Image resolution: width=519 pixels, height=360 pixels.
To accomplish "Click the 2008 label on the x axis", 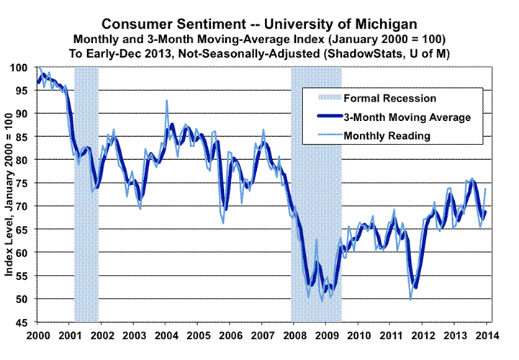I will [x=294, y=336].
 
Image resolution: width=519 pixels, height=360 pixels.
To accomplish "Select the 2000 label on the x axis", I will [x=37, y=336].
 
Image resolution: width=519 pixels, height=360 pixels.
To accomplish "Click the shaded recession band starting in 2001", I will [x=86, y=194].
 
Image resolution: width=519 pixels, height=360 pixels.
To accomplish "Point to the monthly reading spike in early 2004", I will [x=166, y=101].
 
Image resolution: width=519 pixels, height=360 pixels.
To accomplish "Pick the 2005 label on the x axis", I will [x=198, y=336].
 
